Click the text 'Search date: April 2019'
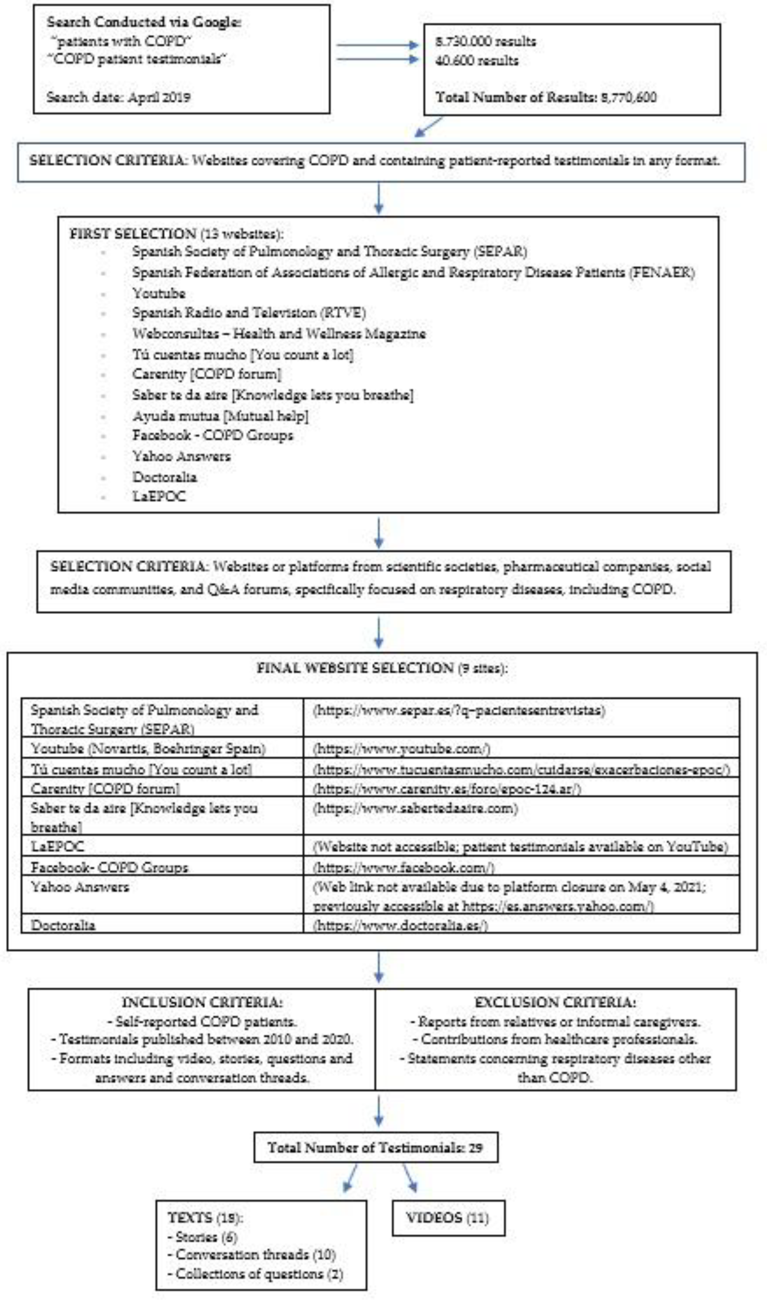pos(118,97)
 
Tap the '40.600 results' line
pos(477,61)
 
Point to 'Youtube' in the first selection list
pos(159,293)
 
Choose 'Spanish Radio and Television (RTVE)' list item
pos(249,313)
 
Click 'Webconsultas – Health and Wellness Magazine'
pos(278,333)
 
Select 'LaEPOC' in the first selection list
pos(159,496)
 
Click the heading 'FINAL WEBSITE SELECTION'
pos(355,668)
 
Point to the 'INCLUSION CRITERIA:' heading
pos(202,1002)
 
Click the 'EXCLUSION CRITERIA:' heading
pos(555,1002)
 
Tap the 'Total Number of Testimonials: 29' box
pos(376,1148)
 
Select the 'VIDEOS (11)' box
pos(448,1218)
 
